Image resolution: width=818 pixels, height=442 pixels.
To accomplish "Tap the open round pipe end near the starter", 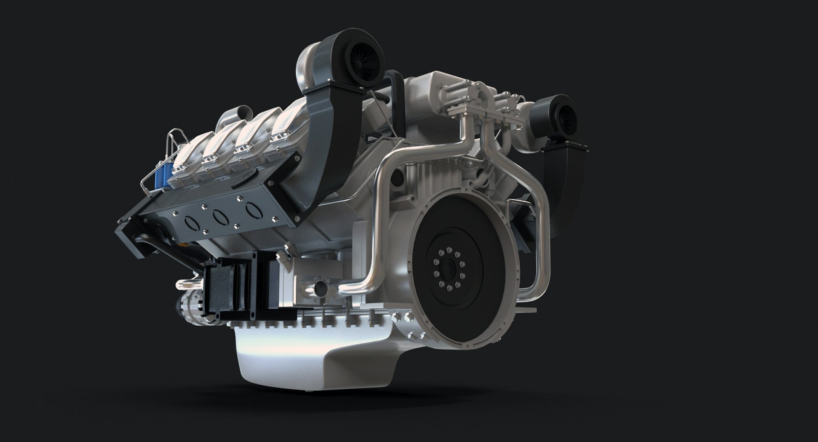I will pyautogui.click(x=317, y=289).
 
